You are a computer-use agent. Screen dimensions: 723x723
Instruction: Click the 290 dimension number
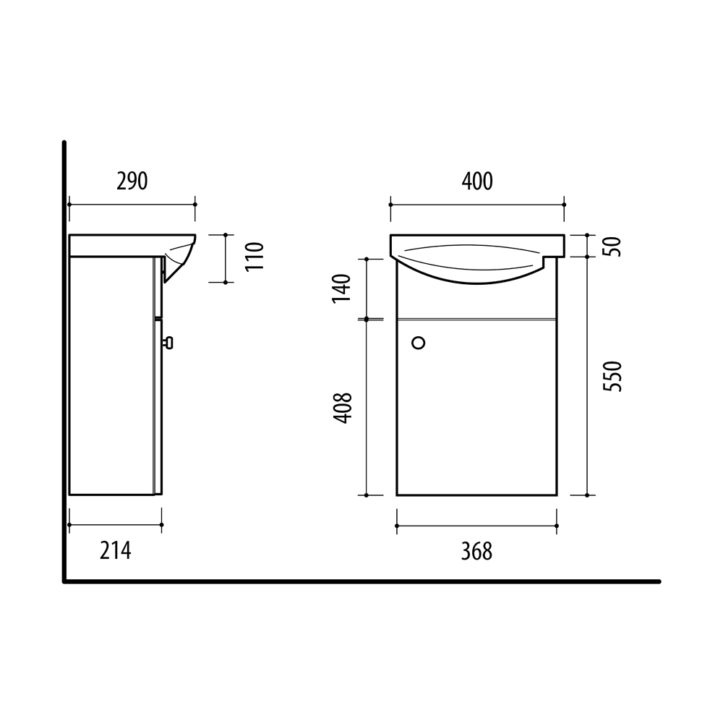point(132,181)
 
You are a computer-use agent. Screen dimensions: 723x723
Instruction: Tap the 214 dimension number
point(115,550)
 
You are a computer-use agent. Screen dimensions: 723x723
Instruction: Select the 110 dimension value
point(254,257)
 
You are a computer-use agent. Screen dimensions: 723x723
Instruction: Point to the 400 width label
point(477,181)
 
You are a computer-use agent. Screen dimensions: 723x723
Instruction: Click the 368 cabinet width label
point(476,552)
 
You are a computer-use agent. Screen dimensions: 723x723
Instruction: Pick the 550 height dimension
point(613,377)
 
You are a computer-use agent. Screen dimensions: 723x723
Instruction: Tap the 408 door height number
point(343,408)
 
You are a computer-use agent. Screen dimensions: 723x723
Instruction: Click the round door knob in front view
point(419,343)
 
